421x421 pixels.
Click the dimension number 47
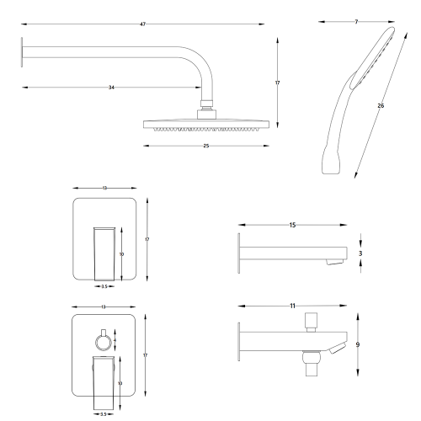point(143,24)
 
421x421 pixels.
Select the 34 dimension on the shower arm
point(112,88)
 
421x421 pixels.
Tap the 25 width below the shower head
point(205,146)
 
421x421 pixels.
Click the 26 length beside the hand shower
point(381,107)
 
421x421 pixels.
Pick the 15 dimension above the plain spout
point(292,225)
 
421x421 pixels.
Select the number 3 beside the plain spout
point(361,252)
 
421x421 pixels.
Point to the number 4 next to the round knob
point(115,339)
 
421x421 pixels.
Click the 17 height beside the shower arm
point(277,83)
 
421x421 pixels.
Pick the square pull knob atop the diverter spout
point(311,318)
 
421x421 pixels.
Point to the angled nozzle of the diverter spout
point(337,348)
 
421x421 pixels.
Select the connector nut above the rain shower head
point(205,109)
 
